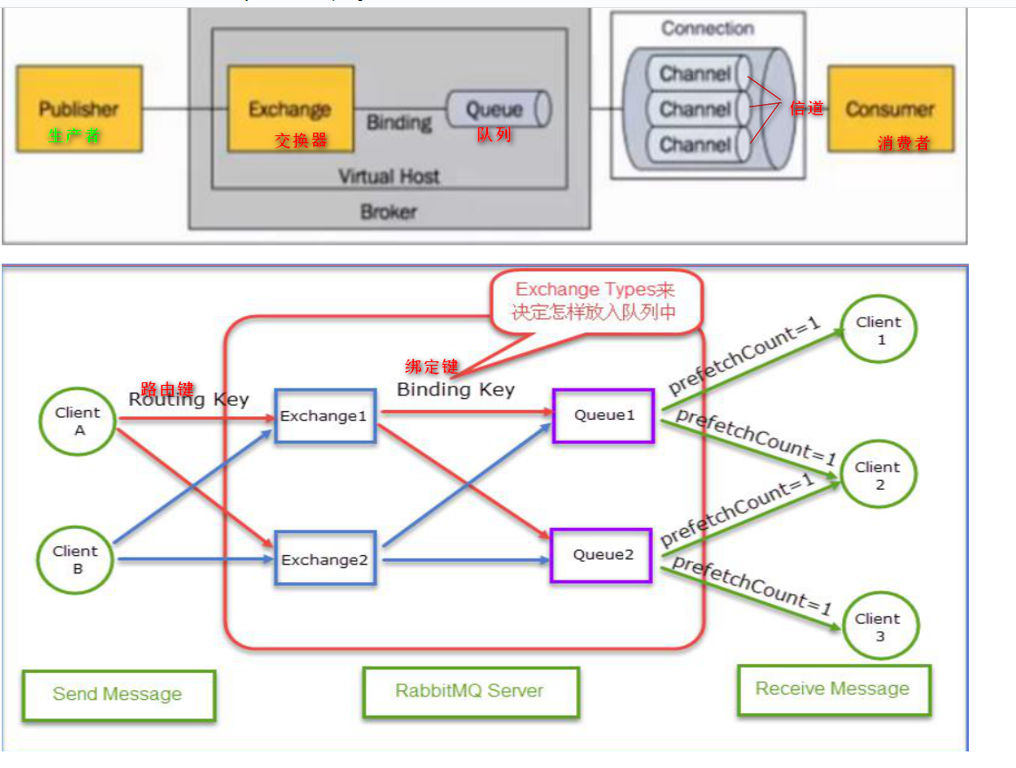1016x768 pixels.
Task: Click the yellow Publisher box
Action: click(78, 109)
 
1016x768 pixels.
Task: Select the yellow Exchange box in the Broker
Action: click(290, 109)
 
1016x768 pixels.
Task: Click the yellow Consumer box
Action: click(889, 109)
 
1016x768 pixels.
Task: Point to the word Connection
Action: click(707, 29)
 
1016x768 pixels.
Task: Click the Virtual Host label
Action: click(388, 176)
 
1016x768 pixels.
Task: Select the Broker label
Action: click(388, 211)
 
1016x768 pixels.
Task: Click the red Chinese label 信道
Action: click(806, 108)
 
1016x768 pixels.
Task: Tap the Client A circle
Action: click(78, 421)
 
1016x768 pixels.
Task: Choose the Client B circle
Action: click(76, 559)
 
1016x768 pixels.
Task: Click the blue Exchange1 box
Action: click(325, 416)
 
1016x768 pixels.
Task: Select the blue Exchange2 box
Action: click(325, 559)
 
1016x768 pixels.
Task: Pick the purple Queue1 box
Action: click(603, 415)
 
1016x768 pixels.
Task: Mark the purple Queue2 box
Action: click(601, 555)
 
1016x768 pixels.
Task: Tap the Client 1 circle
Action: click(879, 330)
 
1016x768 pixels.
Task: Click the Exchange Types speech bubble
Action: click(595, 301)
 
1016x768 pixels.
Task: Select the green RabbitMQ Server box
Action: click(470, 691)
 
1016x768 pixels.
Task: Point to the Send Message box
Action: click(118, 695)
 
